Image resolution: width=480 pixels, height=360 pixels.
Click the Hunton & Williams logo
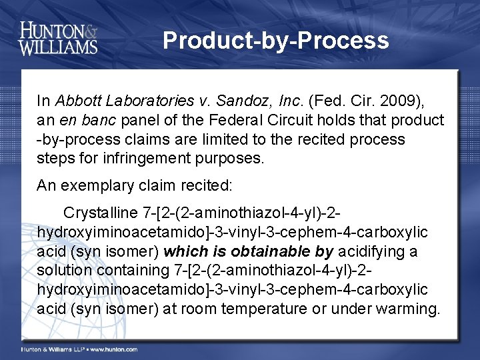[x=59, y=38]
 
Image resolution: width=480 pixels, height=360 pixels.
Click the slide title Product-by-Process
[x=275, y=41]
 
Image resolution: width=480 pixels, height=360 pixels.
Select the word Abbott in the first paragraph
[x=77, y=101]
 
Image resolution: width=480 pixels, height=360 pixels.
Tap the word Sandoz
[x=237, y=101]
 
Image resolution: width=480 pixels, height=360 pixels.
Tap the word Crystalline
[x=101, y=213]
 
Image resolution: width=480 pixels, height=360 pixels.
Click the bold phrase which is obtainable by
[x=249, y=251]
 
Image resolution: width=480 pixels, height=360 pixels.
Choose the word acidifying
[x=371, y=251]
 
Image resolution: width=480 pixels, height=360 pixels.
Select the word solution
[x=65, y=271]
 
